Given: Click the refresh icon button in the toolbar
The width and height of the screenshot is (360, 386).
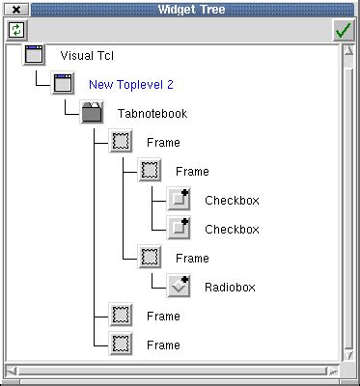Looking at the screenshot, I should [x=15, y=30].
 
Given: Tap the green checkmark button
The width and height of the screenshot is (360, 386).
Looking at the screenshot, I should [x=344, y=30].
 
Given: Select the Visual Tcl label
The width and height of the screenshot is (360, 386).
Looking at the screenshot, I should [x=86, y=55].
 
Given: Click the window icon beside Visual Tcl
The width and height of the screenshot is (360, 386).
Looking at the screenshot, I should [x=35, y=55].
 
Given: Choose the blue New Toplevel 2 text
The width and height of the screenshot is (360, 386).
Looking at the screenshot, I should [x=130, y=84].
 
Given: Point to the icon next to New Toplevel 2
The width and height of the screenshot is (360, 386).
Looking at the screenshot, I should [x=64, y=84].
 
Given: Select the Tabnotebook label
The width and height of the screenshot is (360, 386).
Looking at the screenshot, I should [x=152, y=113].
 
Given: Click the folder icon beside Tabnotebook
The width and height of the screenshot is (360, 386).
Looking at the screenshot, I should [x=93, y=113].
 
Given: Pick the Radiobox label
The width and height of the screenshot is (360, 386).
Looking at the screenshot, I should [x=228, y=287].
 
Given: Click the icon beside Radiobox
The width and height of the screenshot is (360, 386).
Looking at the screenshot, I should [x=180, y=287].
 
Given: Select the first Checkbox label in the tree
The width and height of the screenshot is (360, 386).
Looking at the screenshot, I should [x=232, y=201].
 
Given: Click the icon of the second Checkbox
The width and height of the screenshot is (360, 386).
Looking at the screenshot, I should [x=180, y=229].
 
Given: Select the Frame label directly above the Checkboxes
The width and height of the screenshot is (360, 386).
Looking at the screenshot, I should [x=192, y=171].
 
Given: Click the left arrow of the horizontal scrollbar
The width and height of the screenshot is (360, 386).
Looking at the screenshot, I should [x=12, y=371].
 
